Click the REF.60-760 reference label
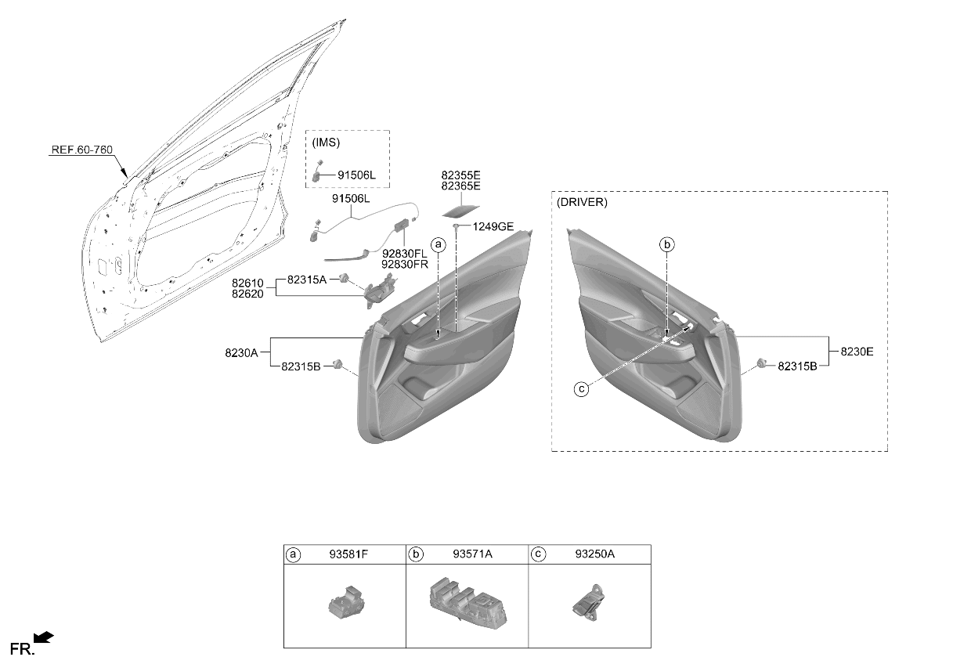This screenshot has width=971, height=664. coord(82,150)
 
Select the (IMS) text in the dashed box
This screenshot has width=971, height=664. coord(326,143)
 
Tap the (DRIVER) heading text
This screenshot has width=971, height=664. coord(582,202)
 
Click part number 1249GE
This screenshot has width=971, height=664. coord(493,226)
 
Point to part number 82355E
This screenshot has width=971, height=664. coord(460,175)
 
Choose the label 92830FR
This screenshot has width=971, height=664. coord(404,264)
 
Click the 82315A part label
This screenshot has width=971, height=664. coord(307,280)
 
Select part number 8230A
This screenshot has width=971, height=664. coord(241,353)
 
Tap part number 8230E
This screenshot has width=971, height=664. coord(857,352)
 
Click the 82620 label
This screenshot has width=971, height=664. coord(247,294)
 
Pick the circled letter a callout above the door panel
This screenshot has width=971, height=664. coord(439,245)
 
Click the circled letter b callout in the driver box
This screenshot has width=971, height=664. coord(667,245)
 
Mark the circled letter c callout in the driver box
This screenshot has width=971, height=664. coord(581,389)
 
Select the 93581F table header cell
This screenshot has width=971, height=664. coord(345,554)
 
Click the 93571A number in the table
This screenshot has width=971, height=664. coord(472,554)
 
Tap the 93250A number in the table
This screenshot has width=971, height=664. coord(595,554)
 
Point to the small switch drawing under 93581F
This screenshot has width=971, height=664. coord(346,601)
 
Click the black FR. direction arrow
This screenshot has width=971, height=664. coord(43,637)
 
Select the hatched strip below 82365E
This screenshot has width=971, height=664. coord(460,211)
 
